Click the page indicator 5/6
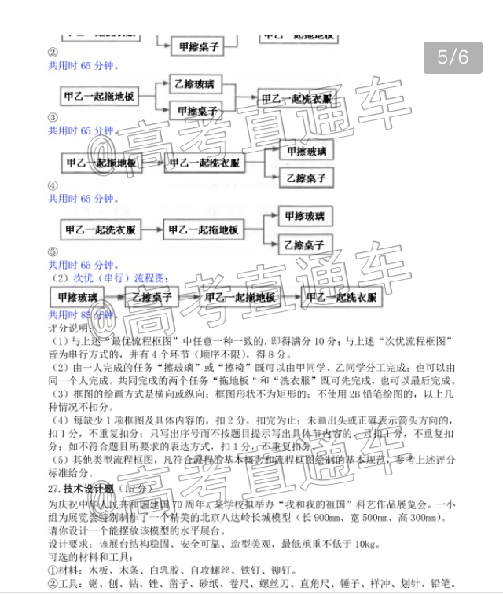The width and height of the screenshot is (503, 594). [453, 57]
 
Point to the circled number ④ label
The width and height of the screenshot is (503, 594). [53, 185]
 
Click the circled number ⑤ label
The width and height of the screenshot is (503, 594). [53, 252]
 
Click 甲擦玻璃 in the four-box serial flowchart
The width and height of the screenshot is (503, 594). [76, 298]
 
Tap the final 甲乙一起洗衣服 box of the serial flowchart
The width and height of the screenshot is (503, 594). [341, 298]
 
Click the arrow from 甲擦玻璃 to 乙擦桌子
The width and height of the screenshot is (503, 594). [114, 298]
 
